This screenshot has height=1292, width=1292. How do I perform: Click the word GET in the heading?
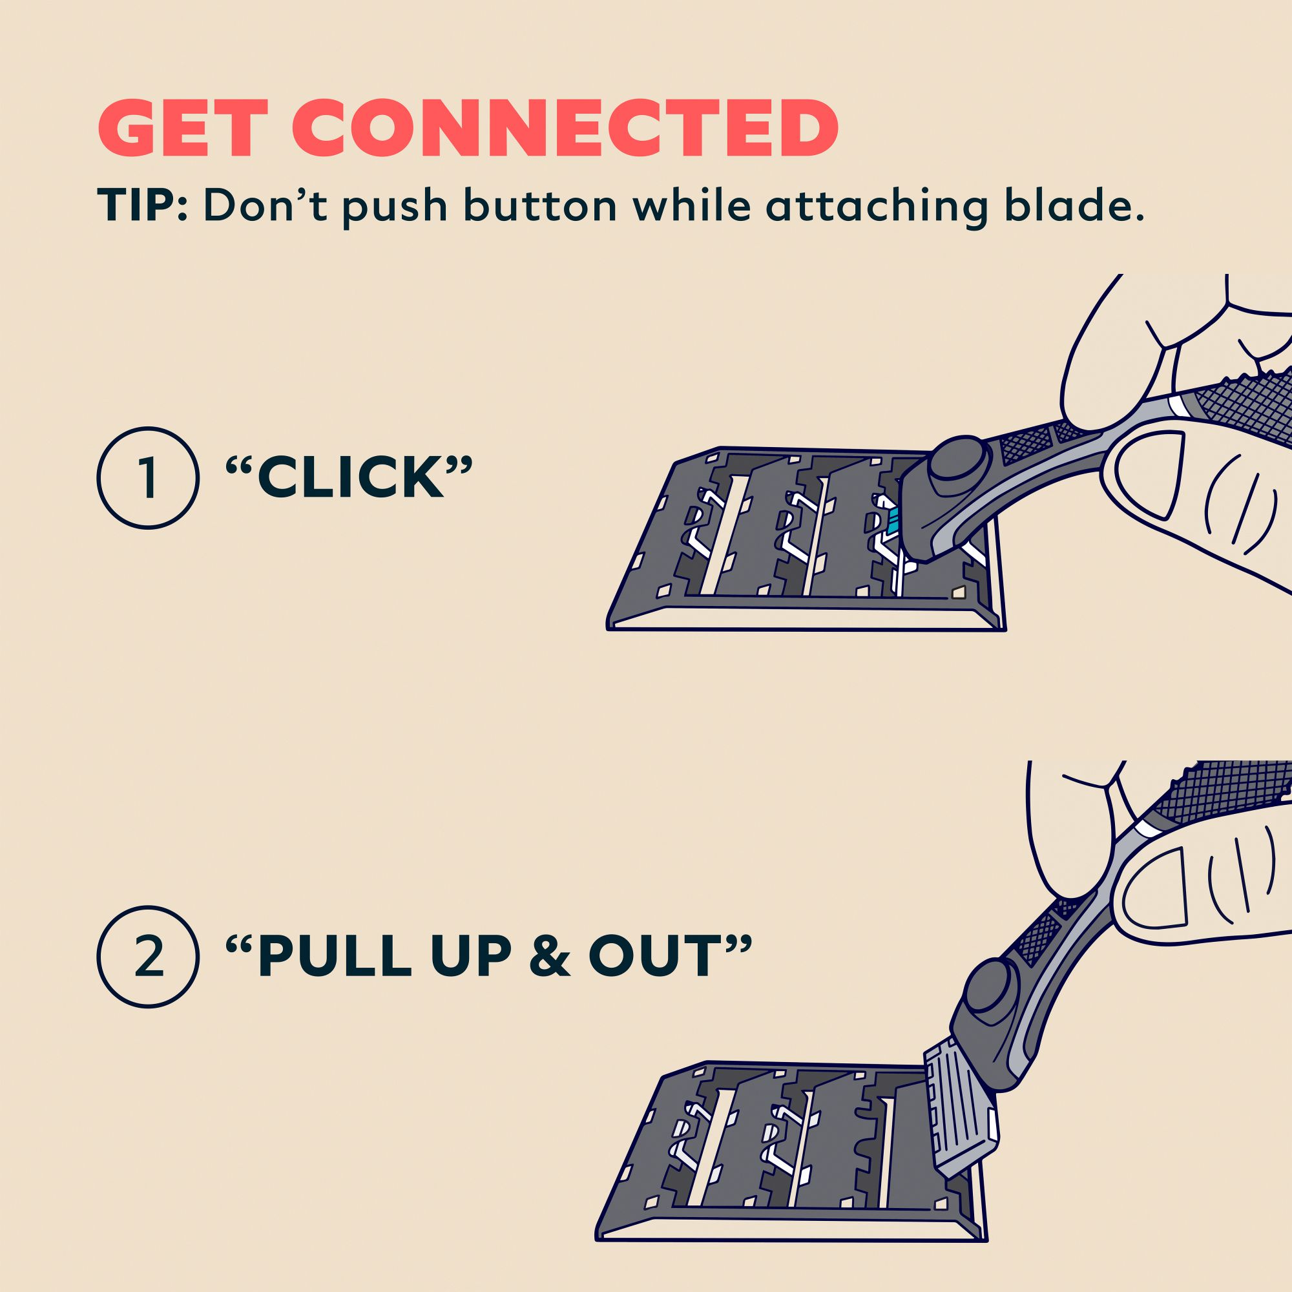(176, 130)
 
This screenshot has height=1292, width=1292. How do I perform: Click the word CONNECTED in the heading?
(565, 130)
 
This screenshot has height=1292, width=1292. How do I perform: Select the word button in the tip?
(540, 205)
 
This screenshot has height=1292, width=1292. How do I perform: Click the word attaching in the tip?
(877, 207)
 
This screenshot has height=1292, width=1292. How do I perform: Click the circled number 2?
(148, 957)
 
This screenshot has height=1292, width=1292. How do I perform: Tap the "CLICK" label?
(349, 477)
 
